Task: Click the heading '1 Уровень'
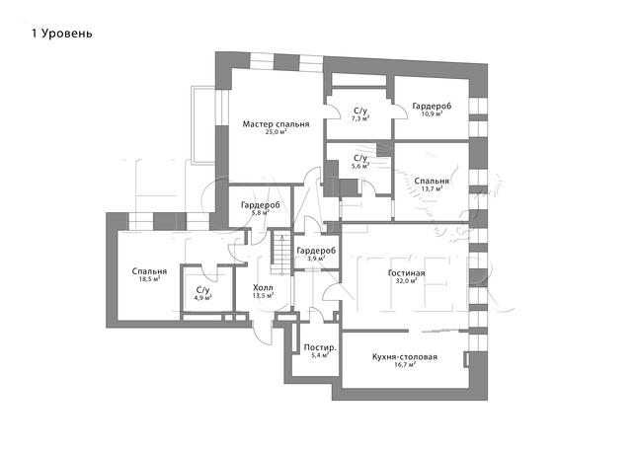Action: (62, 34)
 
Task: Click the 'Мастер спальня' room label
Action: (276, 123)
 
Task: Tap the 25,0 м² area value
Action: (276, 132)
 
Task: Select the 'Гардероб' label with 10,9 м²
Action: (432, 106)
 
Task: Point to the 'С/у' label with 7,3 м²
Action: (360, 111)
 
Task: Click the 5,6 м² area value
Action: (360, 166)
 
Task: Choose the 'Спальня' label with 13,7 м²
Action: (432, 181)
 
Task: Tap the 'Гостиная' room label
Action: (406, 273)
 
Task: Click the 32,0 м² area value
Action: (406, 280)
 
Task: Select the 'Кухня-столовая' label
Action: (405, 357)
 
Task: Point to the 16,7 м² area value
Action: (405, 364)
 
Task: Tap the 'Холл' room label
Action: (263, 287)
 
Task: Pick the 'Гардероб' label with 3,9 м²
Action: (316, 251)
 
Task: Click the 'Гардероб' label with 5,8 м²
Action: (261, 205)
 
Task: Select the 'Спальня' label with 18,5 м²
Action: (149, 271)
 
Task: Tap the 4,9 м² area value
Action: (202, 298)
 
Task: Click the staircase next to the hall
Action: (281, 253)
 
